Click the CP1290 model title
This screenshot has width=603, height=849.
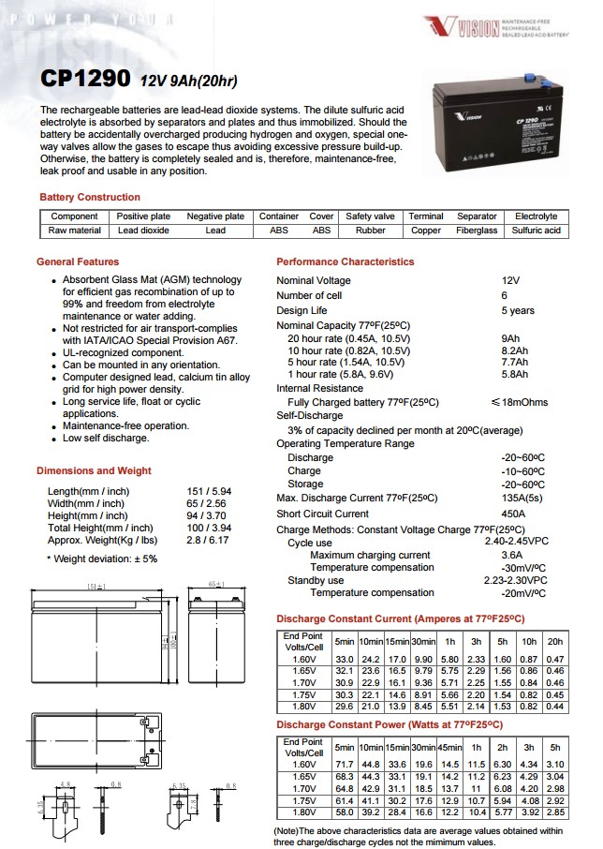(x=85, y=82)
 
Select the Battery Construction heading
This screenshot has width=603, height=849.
(x=90, y=198)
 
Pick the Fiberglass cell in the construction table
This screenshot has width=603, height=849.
(x=477, y=231)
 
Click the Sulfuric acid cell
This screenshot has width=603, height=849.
(x=536, y=231)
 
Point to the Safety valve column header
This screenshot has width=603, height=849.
(x=370, y=216)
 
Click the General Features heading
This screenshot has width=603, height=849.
(x=78, y=262)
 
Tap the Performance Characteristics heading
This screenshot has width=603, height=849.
(x=346, y=262)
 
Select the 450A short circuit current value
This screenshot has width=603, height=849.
(x=514, y=514)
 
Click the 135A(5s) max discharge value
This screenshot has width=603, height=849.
(x=522, y=498)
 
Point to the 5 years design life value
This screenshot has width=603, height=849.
(x=518, y=310)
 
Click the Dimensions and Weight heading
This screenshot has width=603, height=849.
(x=94, y=470)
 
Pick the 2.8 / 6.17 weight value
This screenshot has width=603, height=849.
(x=208, y=541)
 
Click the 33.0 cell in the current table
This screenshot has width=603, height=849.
(x=344, y=661)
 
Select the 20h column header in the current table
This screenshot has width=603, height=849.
(x=555, y=641)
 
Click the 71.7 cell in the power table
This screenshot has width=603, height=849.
(x=344, y=765)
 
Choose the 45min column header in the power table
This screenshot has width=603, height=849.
(x=450, y=747)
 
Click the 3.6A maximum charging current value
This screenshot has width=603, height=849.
(x=512, y=556)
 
